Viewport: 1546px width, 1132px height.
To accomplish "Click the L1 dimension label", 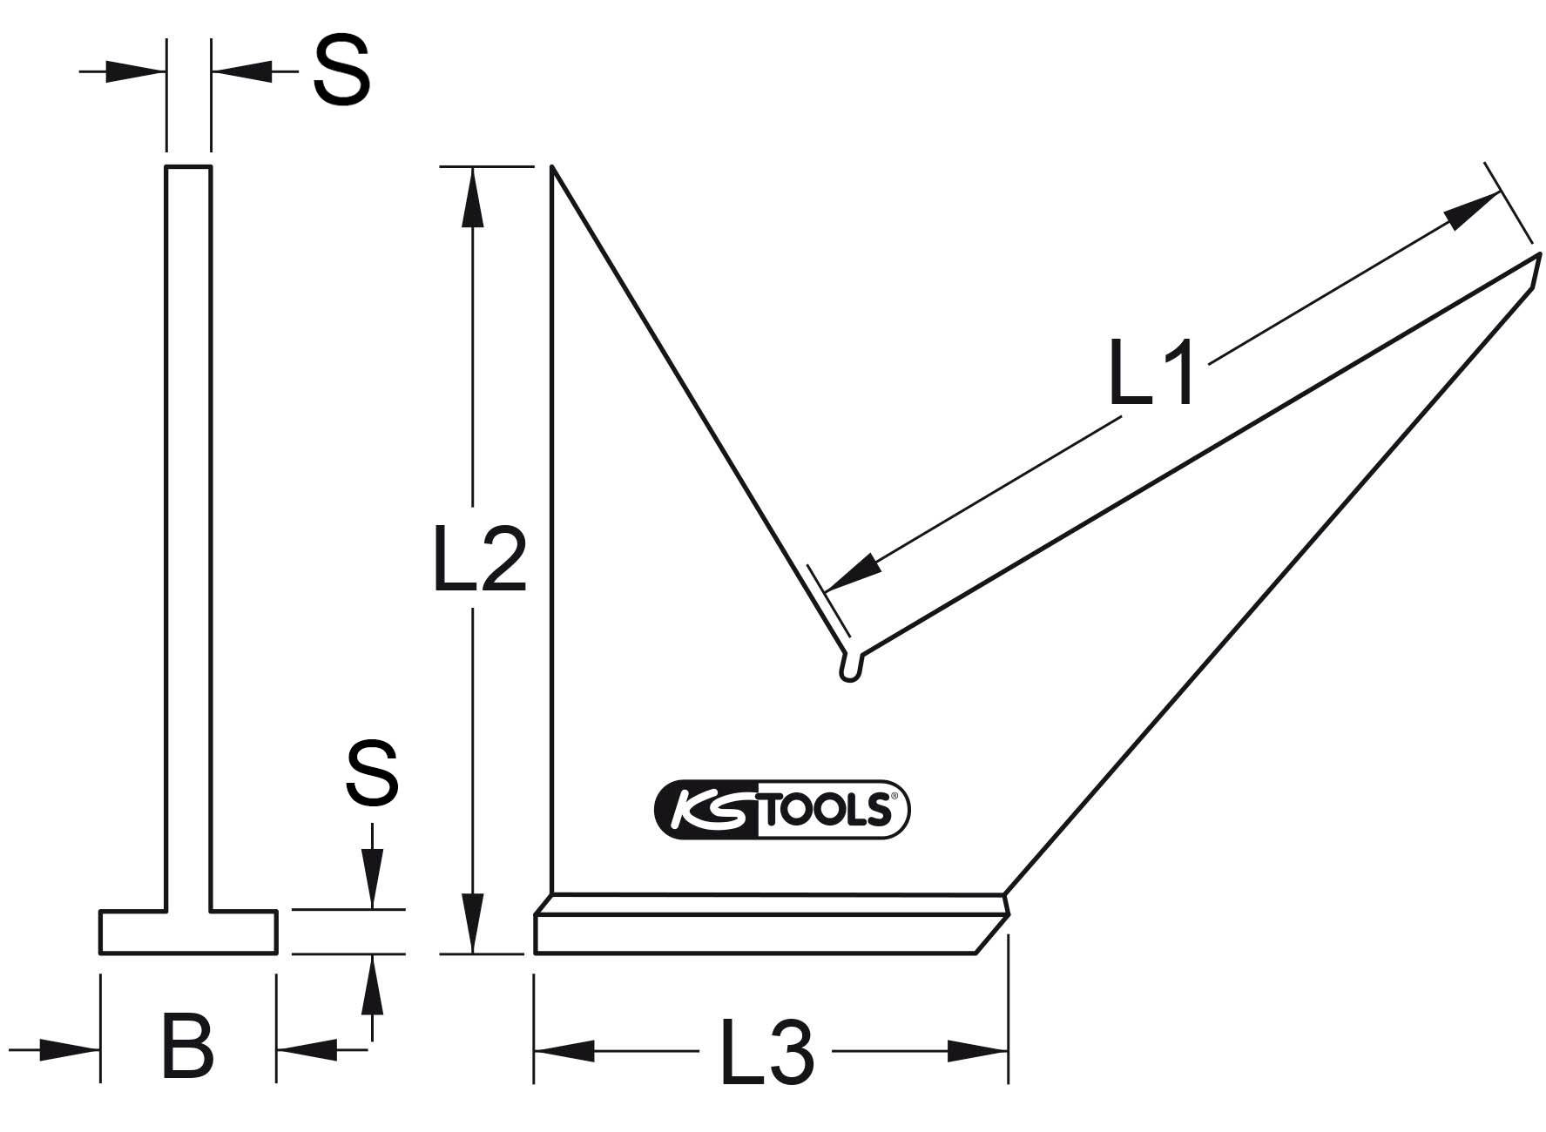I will pos(1151,371).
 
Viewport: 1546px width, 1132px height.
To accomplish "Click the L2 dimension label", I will pos(480,558).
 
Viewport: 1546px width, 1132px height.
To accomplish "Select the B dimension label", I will pos(187,1046).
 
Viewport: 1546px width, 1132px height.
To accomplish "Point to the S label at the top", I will pos(341,71).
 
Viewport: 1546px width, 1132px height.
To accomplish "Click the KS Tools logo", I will pos(781,809).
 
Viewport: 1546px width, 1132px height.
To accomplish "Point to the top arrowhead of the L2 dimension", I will pos(472,196).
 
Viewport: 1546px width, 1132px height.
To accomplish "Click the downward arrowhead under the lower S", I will pos(372,879).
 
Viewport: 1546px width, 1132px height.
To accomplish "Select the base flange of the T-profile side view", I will pos(188,932).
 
